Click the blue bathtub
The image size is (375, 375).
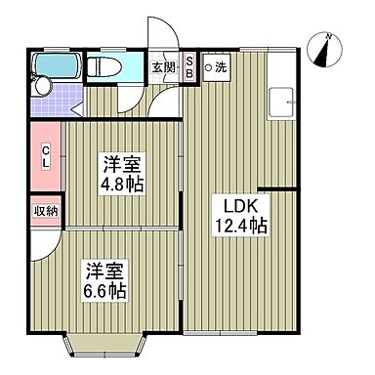pyautogui.click(x=56, y=67)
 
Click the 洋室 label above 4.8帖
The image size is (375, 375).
pyautogui.click(x=117, y=161)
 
